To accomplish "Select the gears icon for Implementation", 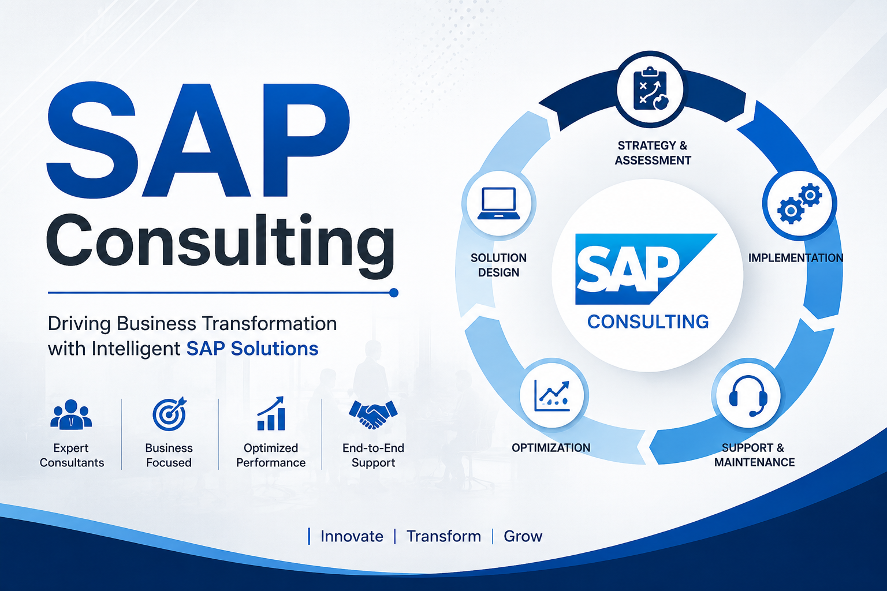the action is tap(799, 204).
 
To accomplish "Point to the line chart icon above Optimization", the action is tap(551, 396).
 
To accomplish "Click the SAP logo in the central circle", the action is tap(646, 269).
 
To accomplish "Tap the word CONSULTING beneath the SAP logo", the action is tap(648, 322).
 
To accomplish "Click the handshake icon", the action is tap(373, 414).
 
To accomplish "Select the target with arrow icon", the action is tap(169, 414).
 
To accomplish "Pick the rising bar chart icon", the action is tap(271, 413).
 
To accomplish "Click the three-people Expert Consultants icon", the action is tap(71, 414).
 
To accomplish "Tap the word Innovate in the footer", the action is tap(352, 536).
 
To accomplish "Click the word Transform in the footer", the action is tap(444, 536).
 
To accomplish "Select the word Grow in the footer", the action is tap(523, 536).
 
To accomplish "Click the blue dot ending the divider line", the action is tap(394, 293).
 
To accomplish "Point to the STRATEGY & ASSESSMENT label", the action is tap(653, 153).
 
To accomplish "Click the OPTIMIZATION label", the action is tap(551, 448).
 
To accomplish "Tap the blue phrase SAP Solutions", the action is tap(252, 349).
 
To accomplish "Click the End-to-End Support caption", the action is tap(374, 455).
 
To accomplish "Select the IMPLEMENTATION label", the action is tap(796, 258).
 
